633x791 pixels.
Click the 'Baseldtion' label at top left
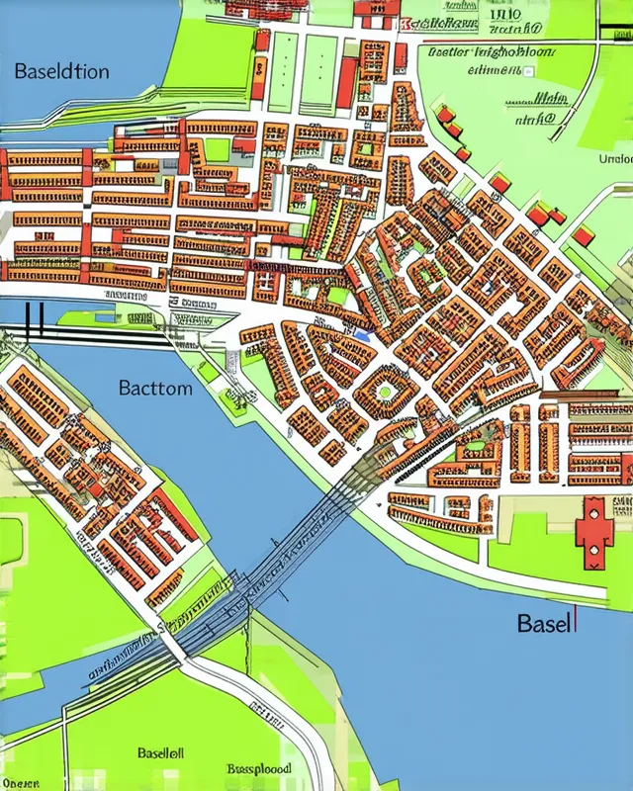click(61, 71)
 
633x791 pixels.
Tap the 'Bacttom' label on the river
click(155, 388)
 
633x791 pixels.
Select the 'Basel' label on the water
click(543, 624)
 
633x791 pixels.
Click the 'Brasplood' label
click(259, 767)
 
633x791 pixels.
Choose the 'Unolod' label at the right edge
click(615, 158)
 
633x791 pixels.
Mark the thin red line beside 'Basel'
click(575, 622)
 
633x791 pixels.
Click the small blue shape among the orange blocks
click(362, 335)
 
